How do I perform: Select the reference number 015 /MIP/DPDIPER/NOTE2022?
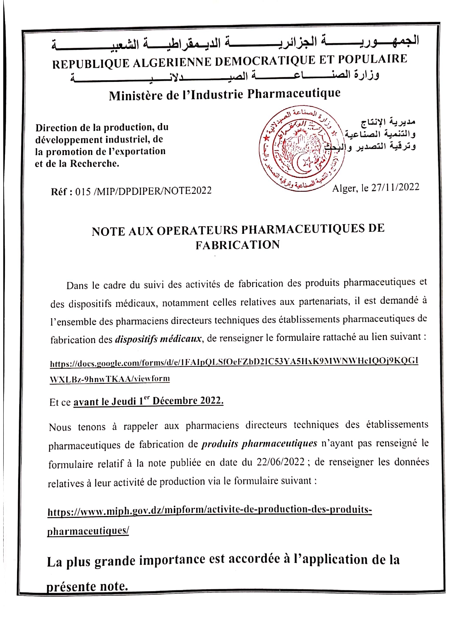[x=143, y=191]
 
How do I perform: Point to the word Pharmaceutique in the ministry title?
[x=294, y=93]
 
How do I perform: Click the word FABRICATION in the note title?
[x=238, y=245]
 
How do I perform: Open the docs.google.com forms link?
[x=234, y=362]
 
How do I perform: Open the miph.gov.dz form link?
[x=210, y=510]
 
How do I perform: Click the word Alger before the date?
[x=344, y=188]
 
